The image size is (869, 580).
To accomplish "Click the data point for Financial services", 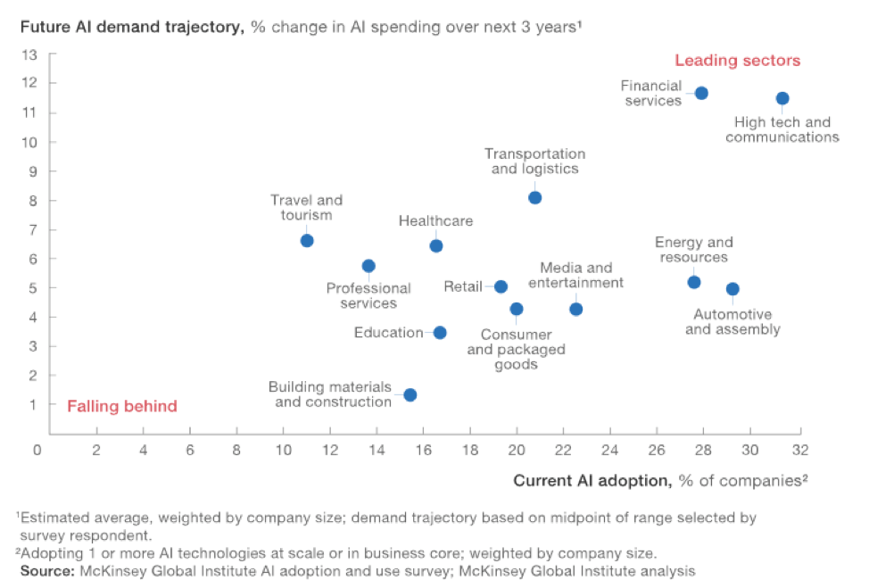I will (701, 93).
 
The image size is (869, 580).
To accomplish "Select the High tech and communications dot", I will (782, 98).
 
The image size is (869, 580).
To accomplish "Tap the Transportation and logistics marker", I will (534, 197).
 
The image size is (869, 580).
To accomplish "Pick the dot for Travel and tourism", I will (307, 240).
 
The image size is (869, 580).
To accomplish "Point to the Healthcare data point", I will (435, 245).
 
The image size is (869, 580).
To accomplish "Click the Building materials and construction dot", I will (410, 394).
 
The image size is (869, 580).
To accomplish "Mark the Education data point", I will (440, 332).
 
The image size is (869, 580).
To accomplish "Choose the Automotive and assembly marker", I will (732, 288).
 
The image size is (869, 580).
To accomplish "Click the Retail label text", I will (463, 286).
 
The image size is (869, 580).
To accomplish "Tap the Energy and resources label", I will (693, 250).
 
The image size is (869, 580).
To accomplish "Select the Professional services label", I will (368, 295).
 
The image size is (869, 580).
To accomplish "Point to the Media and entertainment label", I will (575, 275).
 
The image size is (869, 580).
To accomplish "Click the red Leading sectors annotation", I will (737, 61).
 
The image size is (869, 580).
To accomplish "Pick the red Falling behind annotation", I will (122, 406).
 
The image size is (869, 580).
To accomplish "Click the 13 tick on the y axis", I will (29, 54).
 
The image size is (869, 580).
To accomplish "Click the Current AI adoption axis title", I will (660, 480).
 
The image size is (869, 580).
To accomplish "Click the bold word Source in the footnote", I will (46, 569).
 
